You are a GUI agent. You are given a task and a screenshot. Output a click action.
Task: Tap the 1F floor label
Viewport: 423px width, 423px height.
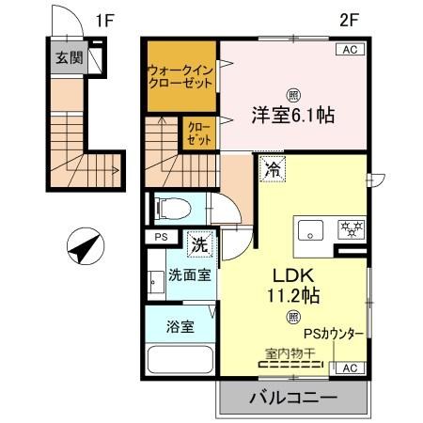coord(105,18)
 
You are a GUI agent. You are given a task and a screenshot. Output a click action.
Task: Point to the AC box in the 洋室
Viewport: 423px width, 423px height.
coord(347,51)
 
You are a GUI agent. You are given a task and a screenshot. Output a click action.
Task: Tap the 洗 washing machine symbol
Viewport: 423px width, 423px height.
coord(199,243)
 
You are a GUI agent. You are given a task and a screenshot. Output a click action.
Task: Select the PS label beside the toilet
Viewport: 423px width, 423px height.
coord(158,237)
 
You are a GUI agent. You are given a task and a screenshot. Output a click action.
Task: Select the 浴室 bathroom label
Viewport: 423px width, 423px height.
coord(181,327)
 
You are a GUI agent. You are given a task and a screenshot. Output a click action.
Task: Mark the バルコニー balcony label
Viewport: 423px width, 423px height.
coord(293,399)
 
